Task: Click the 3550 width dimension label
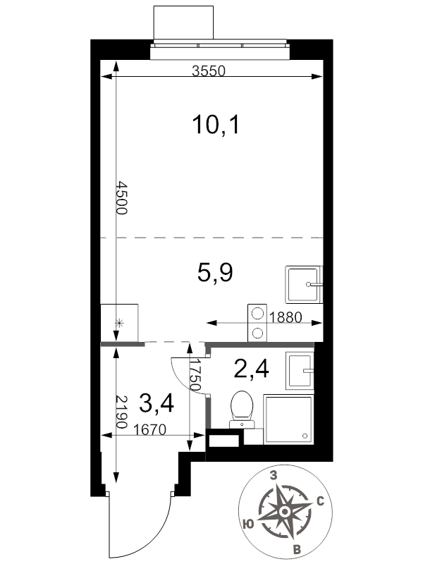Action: tap(209, 71)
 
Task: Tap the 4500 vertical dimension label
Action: tap(122, 198)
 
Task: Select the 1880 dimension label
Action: tap(286, 317)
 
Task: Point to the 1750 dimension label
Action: tap(195, 375)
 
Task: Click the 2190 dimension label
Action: tap(122, 412)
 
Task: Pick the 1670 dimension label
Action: tap(149, 429)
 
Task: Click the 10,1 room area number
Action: tap(216, 125)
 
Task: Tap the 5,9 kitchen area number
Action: tap(215, 272)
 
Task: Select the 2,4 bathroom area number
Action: tap(251, 369)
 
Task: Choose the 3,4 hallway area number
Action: tap(157, 403)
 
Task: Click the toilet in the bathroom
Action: tap(242, 410)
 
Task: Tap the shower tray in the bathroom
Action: tap(288, 419)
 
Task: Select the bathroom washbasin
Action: tap(300, 371)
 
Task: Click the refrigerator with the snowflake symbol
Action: tap(119, 322)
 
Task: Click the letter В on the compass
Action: tap(297, 550)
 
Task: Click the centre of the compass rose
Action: tap(285, 511)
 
